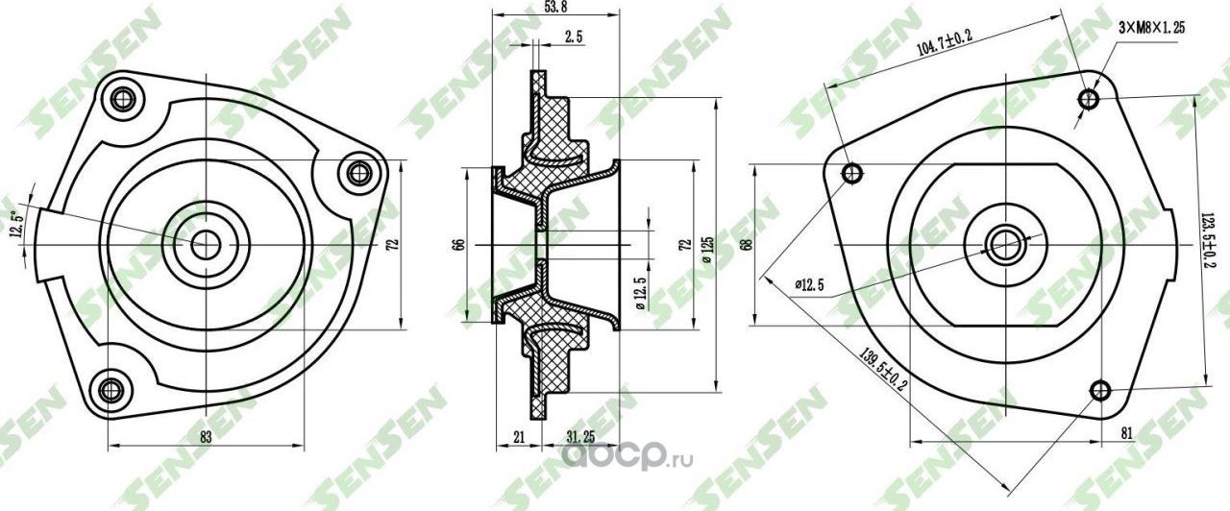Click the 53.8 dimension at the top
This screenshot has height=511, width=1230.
click(x=553, y=9)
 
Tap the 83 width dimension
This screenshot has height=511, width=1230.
click(x=206, y=436)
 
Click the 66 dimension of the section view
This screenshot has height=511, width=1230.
click(x=458, y=246)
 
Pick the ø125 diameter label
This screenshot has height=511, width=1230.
click(x=708, y=246)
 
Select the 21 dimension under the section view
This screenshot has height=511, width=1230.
click(x=520, y=437)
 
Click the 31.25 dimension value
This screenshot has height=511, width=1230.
click(x=580, y=437)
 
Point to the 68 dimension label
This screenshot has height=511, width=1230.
click(x=745, y=245)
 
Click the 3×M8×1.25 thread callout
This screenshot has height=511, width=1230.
click(x=1151, y=29)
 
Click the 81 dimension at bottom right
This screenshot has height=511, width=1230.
click(x=1126, y=433)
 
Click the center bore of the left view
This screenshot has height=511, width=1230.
click(x=205, y=244)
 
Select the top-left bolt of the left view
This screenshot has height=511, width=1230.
click(x=122, y=98)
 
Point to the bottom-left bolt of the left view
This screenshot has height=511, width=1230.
click(x=111, y=390)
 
